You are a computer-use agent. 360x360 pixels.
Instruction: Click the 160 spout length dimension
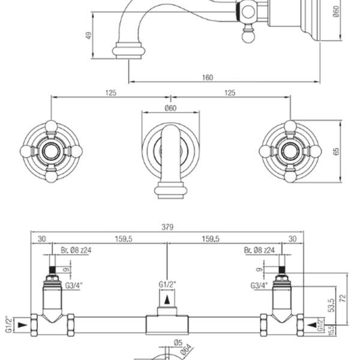208,77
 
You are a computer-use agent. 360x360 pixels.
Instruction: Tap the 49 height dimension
89,35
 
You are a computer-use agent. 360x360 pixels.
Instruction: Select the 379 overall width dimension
167,227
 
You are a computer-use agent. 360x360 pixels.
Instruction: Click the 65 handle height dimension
336,152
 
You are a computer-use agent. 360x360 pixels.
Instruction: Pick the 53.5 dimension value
332,305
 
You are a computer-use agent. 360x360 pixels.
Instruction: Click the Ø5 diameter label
178,343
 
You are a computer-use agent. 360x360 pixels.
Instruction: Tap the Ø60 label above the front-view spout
170,108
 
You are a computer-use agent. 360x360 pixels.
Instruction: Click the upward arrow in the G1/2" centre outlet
167,300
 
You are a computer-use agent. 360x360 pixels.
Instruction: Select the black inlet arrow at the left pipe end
23,325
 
